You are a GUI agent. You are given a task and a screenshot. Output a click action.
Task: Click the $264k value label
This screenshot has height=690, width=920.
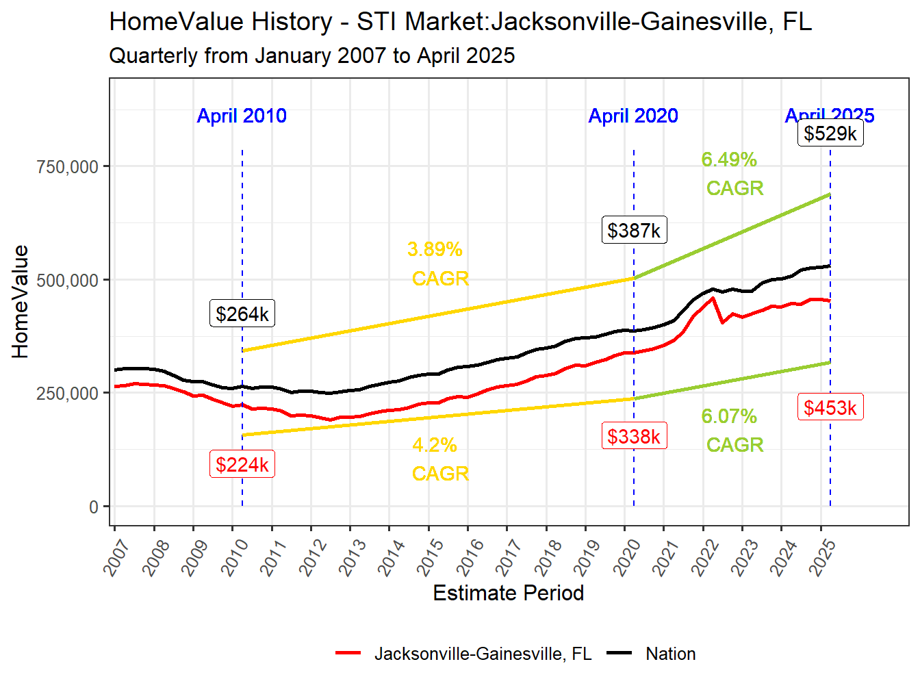(242, 314)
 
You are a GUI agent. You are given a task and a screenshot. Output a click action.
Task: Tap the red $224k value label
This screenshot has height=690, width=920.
(242, 464)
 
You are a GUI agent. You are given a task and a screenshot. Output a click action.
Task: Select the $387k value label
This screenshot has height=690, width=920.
(634, 230)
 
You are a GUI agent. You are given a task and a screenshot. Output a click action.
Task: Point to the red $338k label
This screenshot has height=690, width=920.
(634, 436)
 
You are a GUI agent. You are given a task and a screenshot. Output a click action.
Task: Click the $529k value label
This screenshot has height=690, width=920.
(830, 133)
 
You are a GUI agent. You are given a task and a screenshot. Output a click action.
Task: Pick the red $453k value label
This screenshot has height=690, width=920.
(830, 407)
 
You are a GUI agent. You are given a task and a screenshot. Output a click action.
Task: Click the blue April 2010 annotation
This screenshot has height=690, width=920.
(242, 116)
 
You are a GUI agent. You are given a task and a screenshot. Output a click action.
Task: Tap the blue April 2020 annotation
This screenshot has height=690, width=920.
(633, 116)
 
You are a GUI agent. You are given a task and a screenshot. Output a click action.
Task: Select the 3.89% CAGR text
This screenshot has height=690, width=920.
(438, 264)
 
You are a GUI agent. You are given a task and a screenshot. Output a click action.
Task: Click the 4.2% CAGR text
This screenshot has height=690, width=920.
(438, 459)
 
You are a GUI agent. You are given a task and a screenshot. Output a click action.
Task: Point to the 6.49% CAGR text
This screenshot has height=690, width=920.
(732, 173)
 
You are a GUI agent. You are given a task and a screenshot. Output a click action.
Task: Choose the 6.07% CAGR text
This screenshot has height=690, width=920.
(732, 430)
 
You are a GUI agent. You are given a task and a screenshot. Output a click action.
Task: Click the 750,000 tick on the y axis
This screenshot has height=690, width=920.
(68, 166)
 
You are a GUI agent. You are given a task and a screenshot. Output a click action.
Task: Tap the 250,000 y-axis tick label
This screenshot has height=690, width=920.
(68, 394)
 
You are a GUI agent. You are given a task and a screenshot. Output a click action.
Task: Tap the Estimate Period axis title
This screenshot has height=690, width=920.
(508, 593)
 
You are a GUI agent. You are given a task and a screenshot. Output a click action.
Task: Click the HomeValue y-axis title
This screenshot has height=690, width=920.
(21, 302)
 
